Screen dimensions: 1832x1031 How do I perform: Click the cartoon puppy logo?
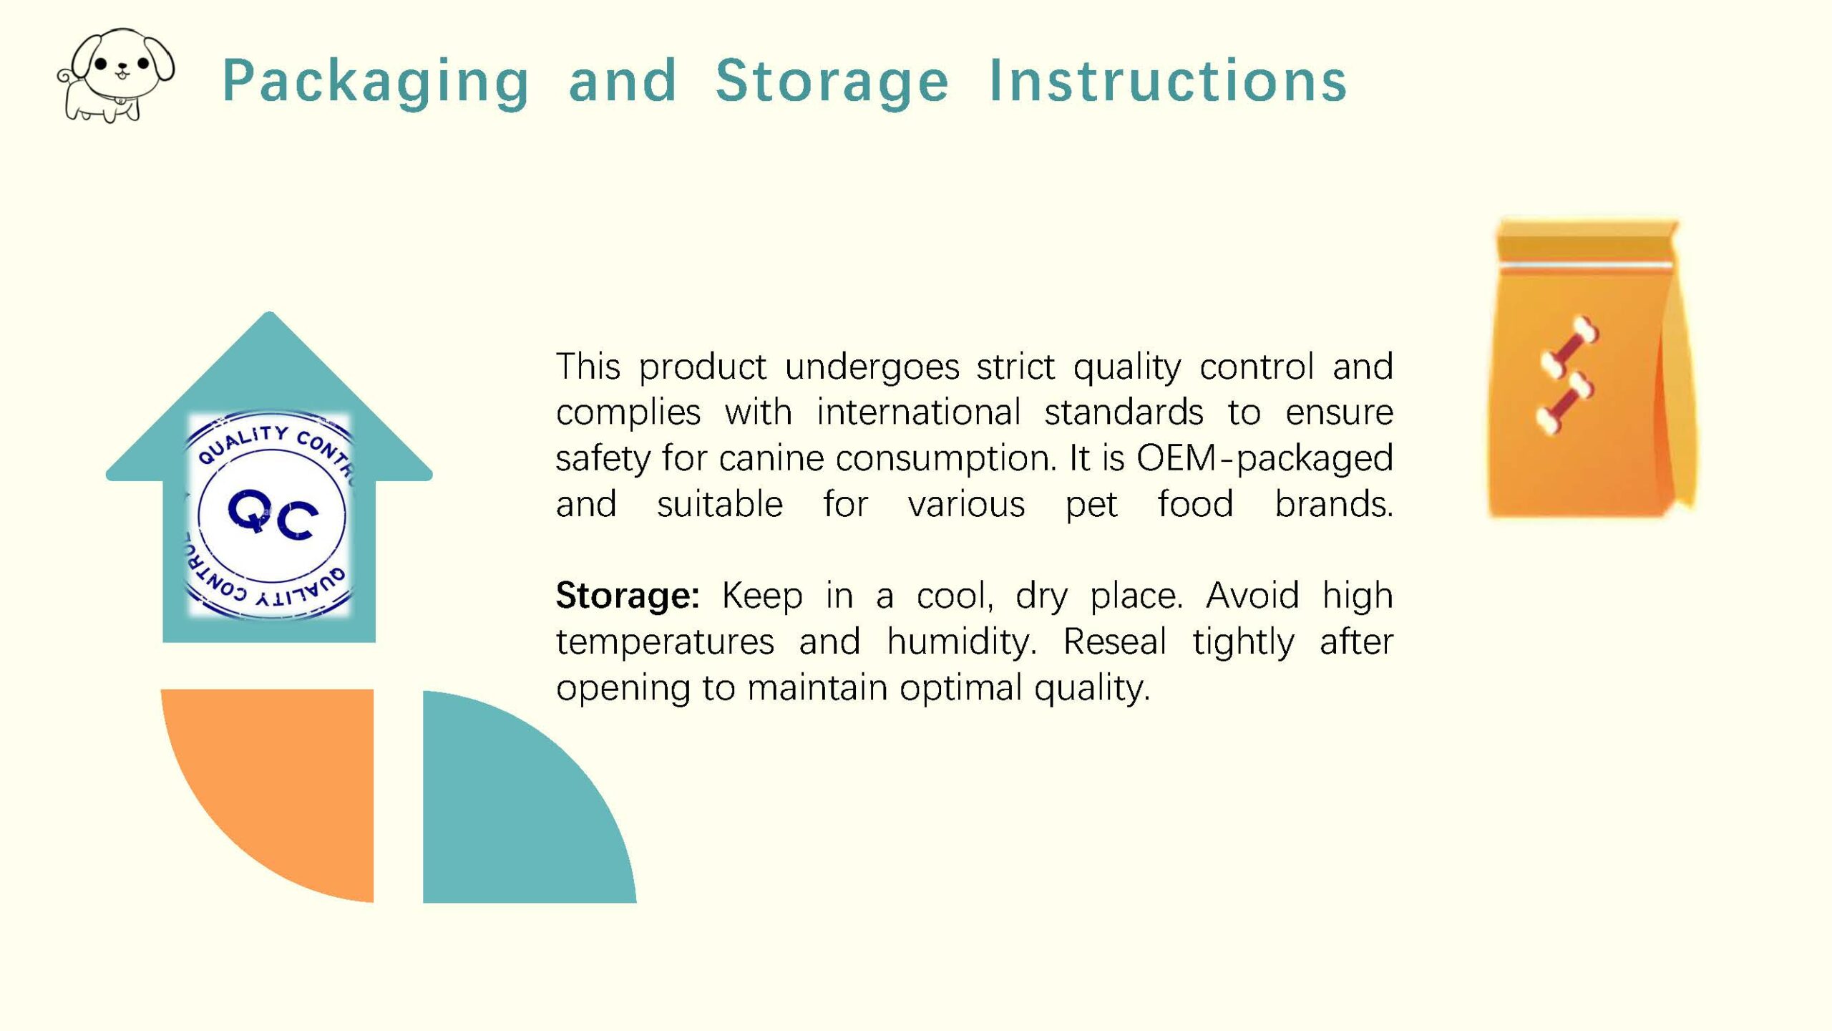115,75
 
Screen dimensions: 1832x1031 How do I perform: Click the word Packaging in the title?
376,83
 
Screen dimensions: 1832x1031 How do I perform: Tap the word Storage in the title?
832,83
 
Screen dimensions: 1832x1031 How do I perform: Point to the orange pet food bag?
1592,368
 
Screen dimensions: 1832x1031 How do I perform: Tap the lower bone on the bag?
1564,404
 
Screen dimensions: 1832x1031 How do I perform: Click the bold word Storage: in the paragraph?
628,595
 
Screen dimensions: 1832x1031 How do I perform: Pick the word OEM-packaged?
1265,458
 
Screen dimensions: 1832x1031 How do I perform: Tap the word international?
918,412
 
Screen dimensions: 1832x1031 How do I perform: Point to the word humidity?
961,642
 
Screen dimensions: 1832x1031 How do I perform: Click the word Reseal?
1115,641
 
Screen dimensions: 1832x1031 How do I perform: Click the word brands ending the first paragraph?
1334,503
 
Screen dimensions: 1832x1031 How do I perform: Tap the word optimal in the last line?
961,688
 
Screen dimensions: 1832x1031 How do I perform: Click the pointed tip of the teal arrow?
269,313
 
